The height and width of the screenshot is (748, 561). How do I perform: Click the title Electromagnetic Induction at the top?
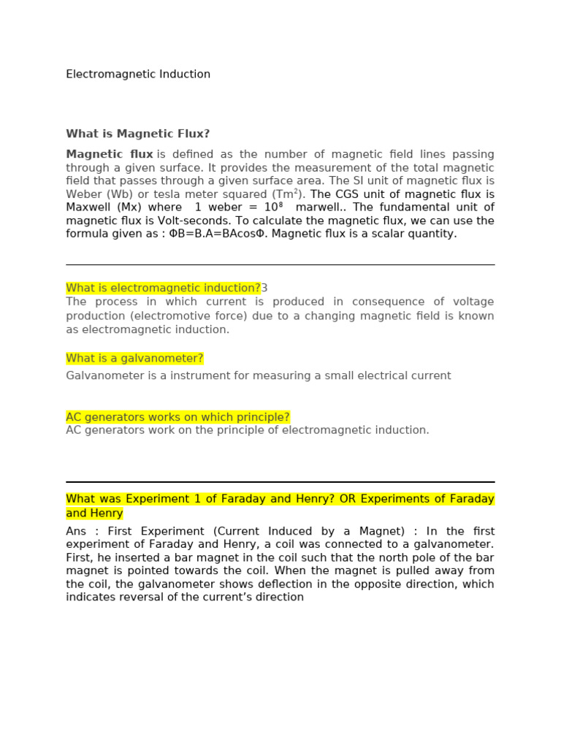(x=138, y=75)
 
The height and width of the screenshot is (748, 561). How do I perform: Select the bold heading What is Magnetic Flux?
(x=137, y=134)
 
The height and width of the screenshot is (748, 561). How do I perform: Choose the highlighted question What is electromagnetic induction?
(x=163, y=288)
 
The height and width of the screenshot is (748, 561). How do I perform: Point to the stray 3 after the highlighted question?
(x=264, y=288)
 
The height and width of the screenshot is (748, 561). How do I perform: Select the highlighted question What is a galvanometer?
(x=134, y=358)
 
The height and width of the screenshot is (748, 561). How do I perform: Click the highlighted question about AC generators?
(x=178, y=417)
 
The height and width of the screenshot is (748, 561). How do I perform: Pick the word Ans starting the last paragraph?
(x=76, y=531)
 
